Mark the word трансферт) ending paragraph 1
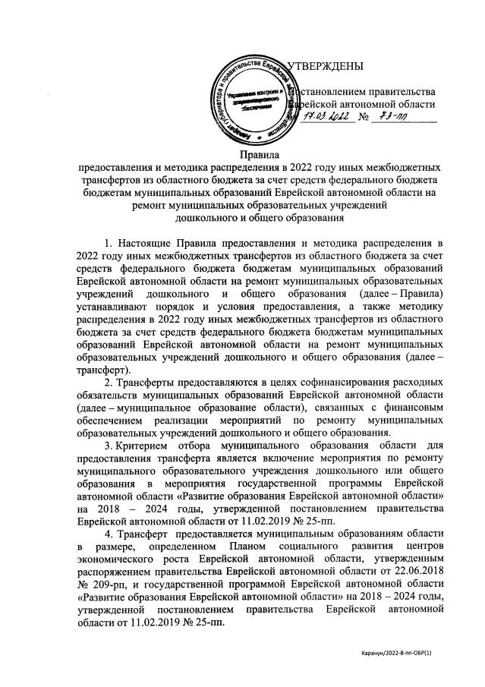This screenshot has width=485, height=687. click(x=103, y=367)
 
